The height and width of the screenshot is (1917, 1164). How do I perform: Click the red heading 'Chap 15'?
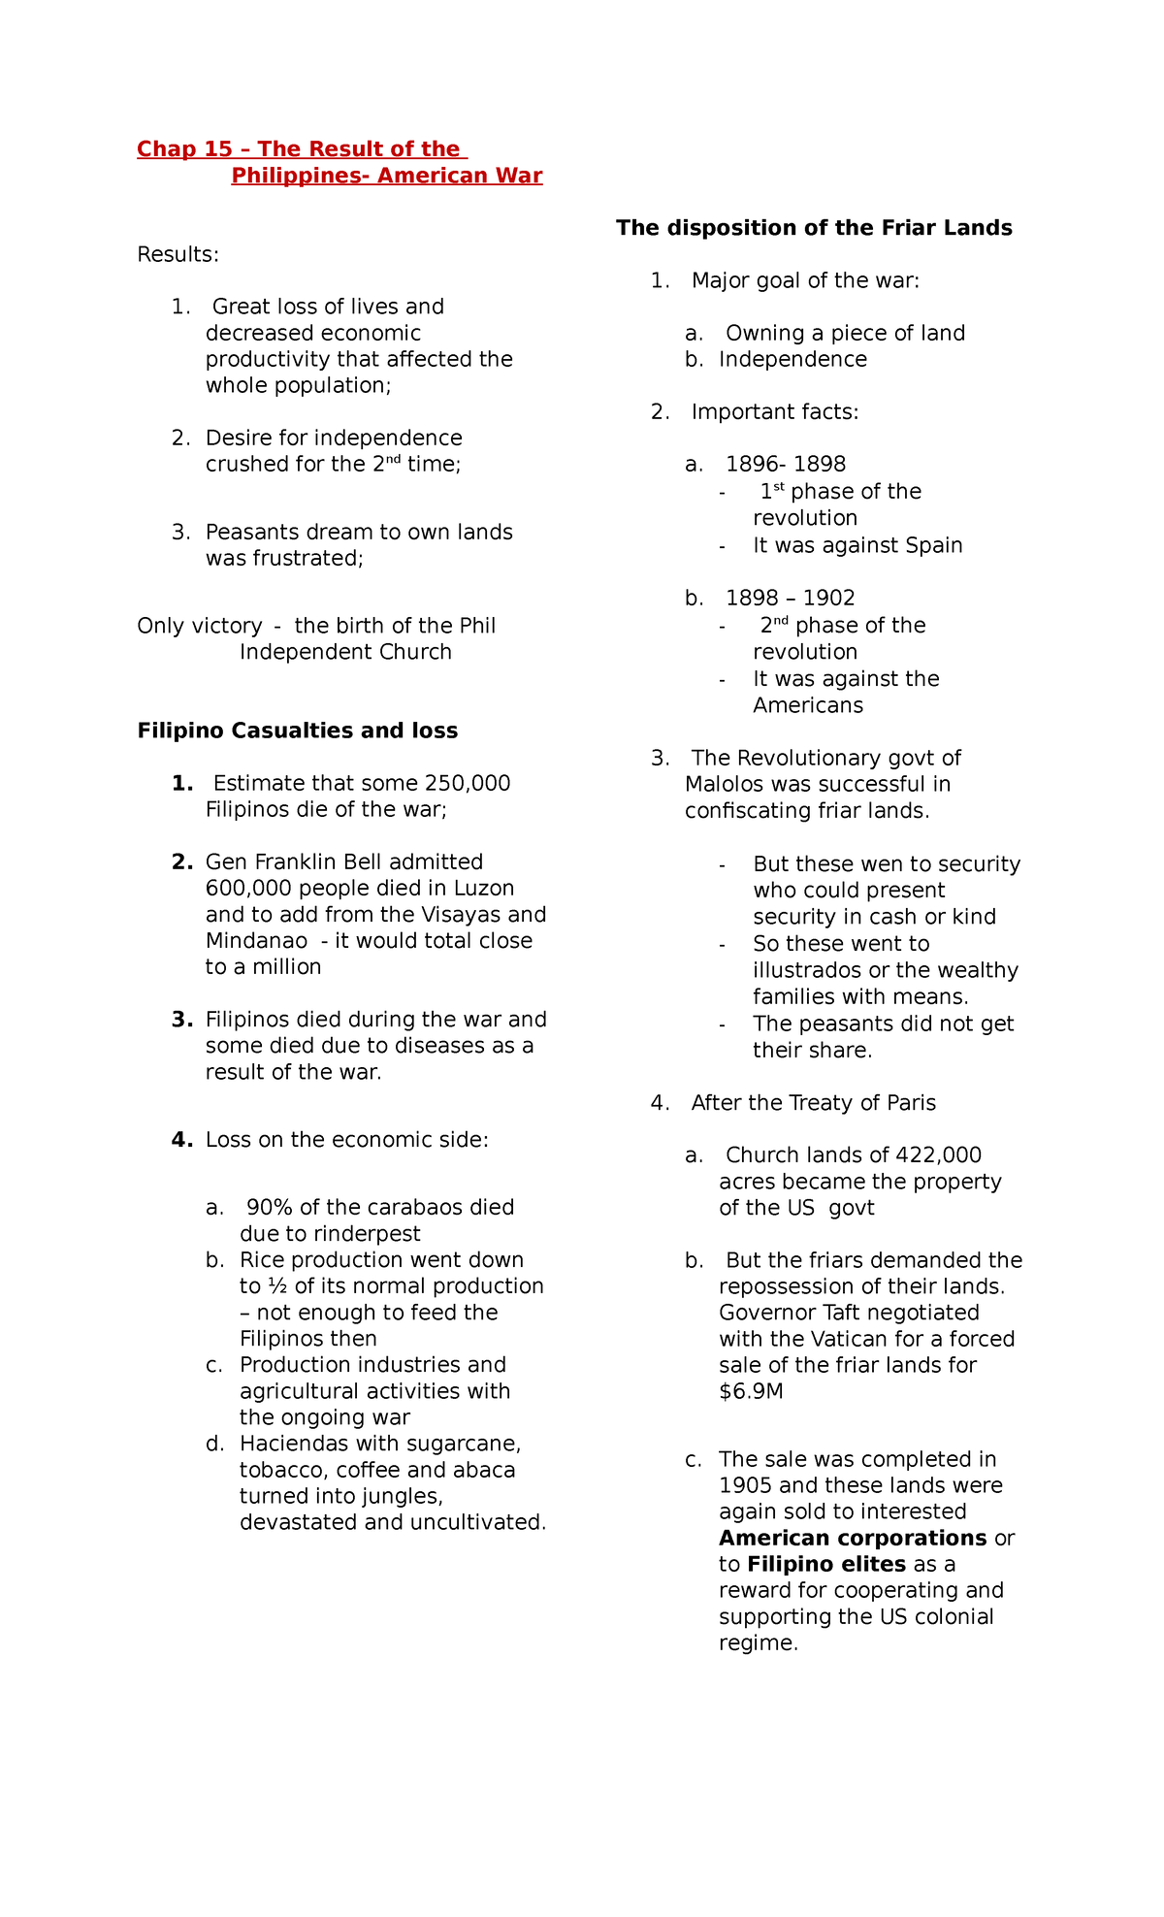184,149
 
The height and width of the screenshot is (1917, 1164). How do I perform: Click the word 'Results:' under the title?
178,255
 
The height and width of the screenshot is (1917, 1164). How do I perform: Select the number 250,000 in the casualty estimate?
461,784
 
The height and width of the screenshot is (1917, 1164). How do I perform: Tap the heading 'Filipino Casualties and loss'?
297,731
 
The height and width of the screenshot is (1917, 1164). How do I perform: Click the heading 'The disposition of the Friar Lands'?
814,228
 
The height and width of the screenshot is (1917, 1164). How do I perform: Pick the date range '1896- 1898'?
786,465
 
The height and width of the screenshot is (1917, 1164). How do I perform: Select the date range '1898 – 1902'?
790,599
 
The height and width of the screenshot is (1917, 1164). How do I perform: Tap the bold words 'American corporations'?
853,1539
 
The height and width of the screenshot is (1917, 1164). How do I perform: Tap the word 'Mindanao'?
256,941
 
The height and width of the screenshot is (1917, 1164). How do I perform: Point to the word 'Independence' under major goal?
792,360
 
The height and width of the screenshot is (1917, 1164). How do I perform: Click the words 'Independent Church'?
345,652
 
